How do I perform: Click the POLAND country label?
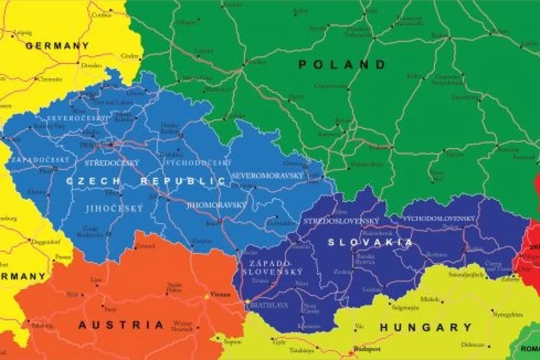coord(342,65)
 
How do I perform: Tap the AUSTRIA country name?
coord(121,325)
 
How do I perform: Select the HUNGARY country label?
coord(425,328)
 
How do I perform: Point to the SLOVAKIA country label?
coord(370,242)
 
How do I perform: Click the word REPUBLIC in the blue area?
coord(183,181)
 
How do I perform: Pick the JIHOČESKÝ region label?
coord(114,209)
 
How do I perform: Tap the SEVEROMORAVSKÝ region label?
coord(267,176)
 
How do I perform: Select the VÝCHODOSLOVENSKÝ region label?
coord(439,219)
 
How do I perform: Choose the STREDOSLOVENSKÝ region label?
coord(341,221)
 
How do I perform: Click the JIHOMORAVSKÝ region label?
coord(216,205)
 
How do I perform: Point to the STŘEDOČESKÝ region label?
coord(111,163)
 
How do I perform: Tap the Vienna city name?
coord(220,295)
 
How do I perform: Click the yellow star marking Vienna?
coord(206,297)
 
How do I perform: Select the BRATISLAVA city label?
coord(269,305)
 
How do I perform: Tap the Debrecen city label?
coord(473,345)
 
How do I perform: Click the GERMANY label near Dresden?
coord(57,46)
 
